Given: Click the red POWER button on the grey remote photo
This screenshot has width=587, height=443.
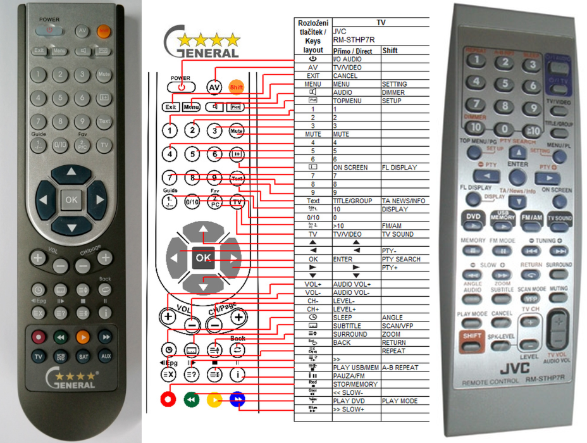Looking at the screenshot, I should pyautogui.click(x=51, y=30).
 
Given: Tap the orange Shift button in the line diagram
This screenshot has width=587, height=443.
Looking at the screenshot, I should pyautogui.click(x=236, y=87).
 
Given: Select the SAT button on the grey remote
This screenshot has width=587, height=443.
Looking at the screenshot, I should pyautogui.click(x=83, y=357).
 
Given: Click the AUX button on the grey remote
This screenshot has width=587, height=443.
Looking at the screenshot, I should pyautogui.click(x=105, y=357).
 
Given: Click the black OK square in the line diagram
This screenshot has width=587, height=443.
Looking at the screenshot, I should pyautogui.click(x=203, y=258).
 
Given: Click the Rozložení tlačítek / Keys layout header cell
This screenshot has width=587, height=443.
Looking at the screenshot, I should pyautogui.click(x=312, y=35).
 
